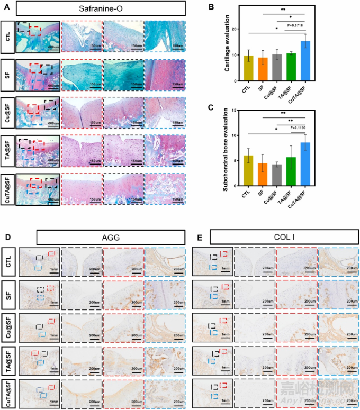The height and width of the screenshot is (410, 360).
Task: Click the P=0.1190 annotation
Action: (x=298, y=127)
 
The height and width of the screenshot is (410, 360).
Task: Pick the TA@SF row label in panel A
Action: (x=7, y=150)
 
